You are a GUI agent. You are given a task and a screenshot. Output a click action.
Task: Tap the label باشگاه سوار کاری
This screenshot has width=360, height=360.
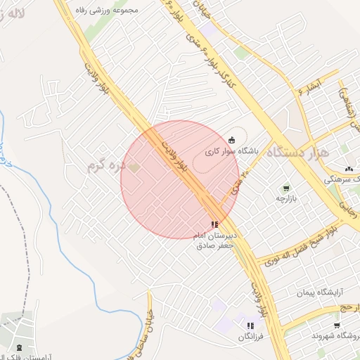click(x=232, y=151)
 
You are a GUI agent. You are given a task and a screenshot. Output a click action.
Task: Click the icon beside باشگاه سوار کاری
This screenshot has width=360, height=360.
click(x=232, y=140)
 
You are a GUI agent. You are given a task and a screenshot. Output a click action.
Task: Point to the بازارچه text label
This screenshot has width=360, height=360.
click(x=286, y=199)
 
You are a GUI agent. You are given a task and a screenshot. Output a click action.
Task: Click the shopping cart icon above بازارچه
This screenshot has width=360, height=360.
click(x=285, y=188)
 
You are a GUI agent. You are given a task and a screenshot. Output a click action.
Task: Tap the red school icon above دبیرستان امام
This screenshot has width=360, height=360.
click(x=214, y=224)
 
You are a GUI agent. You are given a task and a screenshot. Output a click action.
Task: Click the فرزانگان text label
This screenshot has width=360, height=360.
click(x=250, y=337)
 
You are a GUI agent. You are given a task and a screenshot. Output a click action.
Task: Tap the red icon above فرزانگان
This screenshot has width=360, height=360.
click(x=250, y=326)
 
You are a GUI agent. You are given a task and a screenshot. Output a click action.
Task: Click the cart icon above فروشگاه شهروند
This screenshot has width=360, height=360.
click(x=337, y=325)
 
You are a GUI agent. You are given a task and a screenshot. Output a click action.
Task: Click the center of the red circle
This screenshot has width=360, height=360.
click(x=179, y=179)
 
